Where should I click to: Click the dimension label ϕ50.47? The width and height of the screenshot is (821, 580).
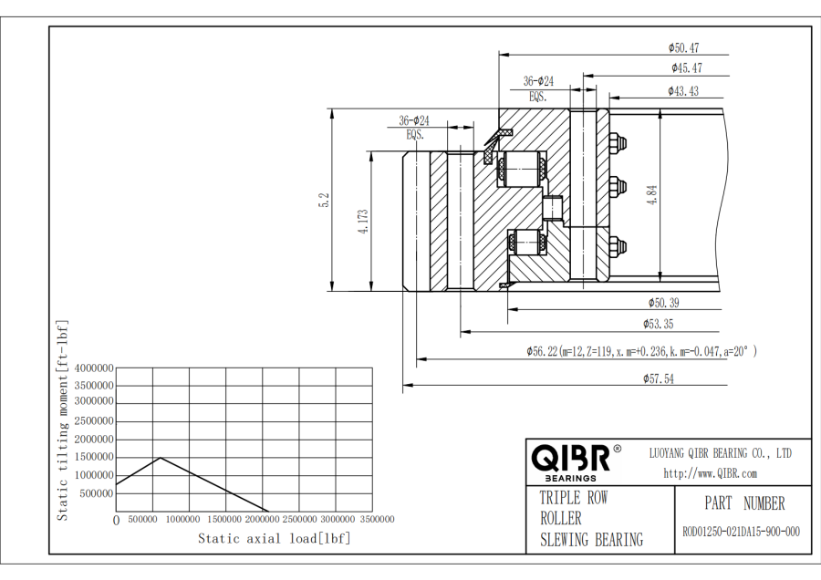click(683, 47)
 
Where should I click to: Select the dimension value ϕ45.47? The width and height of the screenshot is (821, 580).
click(686, 67)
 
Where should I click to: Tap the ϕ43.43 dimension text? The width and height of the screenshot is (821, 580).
click(683, 91)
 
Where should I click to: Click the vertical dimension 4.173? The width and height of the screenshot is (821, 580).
click(363, 222)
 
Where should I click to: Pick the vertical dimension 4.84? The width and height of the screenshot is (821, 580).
click(651, 197)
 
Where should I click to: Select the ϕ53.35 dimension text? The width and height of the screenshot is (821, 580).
click(658, 324)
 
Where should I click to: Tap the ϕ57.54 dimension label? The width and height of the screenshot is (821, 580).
click(659, 379)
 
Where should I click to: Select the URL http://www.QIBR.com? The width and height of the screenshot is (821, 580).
click(711, 472)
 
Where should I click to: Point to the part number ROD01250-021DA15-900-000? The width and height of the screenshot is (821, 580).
click(741, 532)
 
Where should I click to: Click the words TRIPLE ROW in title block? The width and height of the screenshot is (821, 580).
click(573, 498)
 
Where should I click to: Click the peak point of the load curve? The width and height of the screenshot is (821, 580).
click(160, 458)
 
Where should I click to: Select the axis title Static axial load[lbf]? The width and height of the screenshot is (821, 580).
click(274, 538)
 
